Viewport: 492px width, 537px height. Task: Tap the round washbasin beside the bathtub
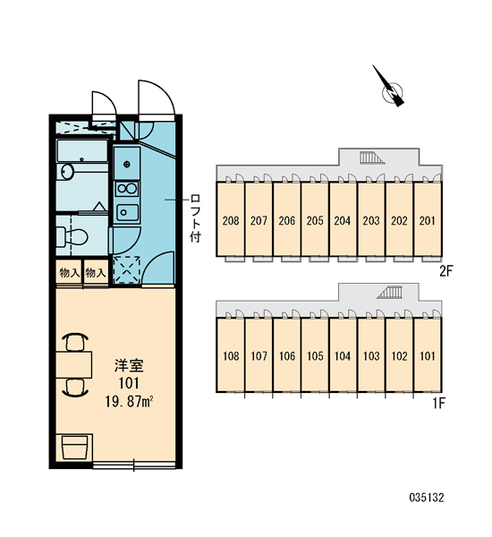(67, 172)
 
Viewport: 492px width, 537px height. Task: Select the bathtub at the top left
(81, 151)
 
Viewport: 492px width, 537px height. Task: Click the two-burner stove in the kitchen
(127, 189)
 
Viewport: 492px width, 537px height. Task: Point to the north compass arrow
(388, 86)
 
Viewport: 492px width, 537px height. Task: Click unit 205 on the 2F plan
(315, 219)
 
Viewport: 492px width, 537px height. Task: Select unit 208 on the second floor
(231, 219)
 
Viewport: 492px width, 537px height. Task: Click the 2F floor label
(446, 271)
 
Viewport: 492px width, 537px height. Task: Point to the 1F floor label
(439, 404)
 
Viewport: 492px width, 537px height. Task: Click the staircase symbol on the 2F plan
(371, 158)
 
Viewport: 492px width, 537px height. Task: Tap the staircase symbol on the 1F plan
(390, 294)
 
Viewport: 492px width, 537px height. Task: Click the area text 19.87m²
(129, 401)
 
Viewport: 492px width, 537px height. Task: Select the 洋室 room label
(129, 366)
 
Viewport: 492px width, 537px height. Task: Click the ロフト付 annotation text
(195, 218)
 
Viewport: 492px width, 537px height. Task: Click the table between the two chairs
(74, 364)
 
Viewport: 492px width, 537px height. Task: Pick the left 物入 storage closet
(69, 273)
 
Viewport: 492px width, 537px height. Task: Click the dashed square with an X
(127, 269)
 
